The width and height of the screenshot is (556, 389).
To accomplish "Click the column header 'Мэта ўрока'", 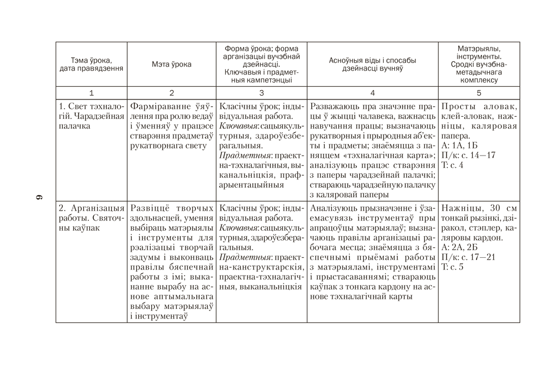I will click(x=171, y=64).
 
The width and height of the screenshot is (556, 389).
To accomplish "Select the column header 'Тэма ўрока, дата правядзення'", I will click(x=91, y=64).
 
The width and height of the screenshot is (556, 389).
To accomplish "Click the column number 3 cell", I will click(x=261, y=93).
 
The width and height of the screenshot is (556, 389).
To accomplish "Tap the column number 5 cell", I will click(x=479, y=93).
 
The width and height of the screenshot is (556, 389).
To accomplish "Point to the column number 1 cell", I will click(x=91, y=93).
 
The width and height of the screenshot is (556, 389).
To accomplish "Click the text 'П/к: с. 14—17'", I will click(x=468, y=155).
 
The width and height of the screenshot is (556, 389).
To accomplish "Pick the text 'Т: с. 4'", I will click(x=452, y=165).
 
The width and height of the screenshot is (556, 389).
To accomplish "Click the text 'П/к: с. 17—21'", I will click(x=468, y=257).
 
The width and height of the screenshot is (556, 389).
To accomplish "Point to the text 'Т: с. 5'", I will click(x=452, y=267).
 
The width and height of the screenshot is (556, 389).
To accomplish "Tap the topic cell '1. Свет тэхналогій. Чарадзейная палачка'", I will click(x=91, y=116).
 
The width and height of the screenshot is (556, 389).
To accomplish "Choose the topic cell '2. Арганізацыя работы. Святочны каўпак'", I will click(x=91, y=218).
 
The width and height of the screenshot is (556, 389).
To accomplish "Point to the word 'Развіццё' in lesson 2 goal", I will click(x=147, y=208).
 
